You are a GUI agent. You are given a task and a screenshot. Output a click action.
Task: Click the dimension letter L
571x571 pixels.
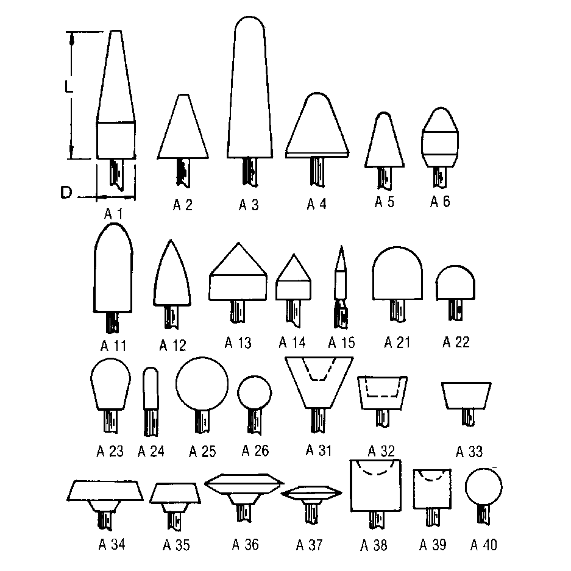point(68,87)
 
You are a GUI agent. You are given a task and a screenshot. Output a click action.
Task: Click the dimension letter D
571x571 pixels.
point(66,193)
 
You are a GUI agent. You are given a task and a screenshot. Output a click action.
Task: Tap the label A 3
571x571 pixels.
point(249,205)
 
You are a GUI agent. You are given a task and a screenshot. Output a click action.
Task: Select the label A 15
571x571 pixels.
point(341,342)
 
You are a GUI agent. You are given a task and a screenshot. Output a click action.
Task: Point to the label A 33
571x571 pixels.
point(469,452)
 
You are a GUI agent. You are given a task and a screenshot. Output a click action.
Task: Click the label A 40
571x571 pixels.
point(484,545)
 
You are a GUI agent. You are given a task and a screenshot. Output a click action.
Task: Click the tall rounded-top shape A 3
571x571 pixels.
point(250,87)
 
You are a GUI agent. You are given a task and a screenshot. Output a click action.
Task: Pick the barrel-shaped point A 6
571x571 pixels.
point(440,137)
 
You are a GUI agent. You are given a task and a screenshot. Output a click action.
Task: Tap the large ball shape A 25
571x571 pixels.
point(202,384)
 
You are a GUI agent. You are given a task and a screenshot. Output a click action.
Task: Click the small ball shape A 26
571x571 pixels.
point(255,393)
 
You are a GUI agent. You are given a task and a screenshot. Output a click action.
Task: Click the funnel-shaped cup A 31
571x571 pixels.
point(319,382)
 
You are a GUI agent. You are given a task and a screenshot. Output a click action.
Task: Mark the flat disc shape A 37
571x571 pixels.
point(311,493)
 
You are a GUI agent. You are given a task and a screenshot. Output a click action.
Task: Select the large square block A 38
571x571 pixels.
point(375,486)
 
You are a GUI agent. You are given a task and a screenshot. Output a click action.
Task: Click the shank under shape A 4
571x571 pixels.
point(317,172)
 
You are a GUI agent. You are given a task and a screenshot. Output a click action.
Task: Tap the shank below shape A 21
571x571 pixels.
point(397,311)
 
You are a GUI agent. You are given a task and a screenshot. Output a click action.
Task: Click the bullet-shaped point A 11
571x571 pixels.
point(113,268)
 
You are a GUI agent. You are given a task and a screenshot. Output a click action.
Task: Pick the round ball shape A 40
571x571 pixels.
point(484,486)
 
